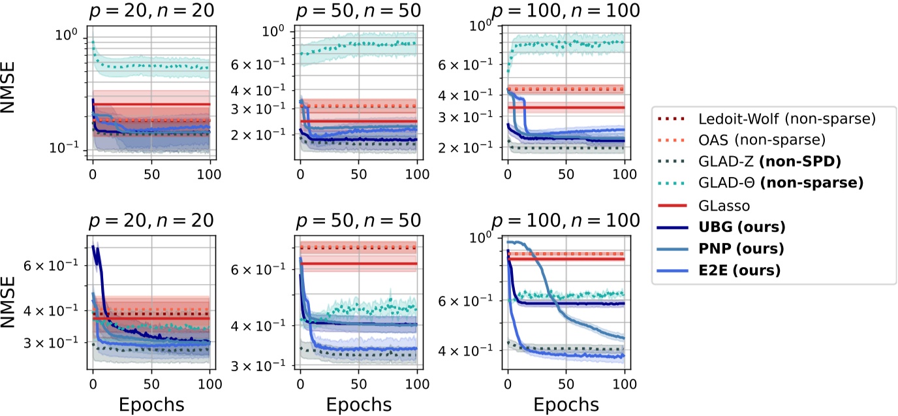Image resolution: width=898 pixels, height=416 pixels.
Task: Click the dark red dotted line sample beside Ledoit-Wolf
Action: click(676, 119)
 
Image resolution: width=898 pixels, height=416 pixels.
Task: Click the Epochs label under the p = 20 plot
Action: click(151, 404)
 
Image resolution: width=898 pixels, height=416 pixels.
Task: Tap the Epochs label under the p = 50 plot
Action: click(358, 404)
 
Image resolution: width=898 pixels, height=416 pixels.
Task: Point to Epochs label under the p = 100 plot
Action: click(566, 404)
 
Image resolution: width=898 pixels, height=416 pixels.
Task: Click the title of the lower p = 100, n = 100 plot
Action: click(566, 220)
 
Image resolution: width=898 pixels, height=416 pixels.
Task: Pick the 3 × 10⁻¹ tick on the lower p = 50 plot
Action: click(258, 365)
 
